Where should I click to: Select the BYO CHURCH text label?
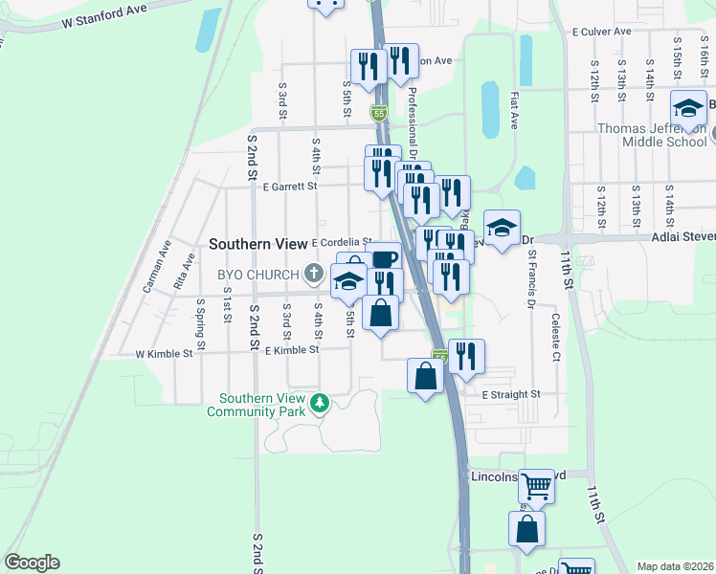pyautogui.click(x=257, y=275)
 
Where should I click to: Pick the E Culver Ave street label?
pyautogui.click(x=601, y=32)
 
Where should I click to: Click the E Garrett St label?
pyautogui.click(x=291, y=187)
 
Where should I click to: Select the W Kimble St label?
pyautogui.click(x=164, y=353)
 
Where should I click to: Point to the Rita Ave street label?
pyautogui.click(x=179, y=278)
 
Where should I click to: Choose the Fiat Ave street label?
pyautogui.click(x=514, y=111)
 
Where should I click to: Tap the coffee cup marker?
pyautogui.click(x=383, y=258)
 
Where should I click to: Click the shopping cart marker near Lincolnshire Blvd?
pyautogui.click(x=536, y=486)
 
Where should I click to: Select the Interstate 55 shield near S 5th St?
pyautogui.click(x=379, y=114)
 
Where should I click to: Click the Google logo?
pyautogui.click(x=32, y=563)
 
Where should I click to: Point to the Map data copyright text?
pyautogui.click(x=674, y=566)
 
